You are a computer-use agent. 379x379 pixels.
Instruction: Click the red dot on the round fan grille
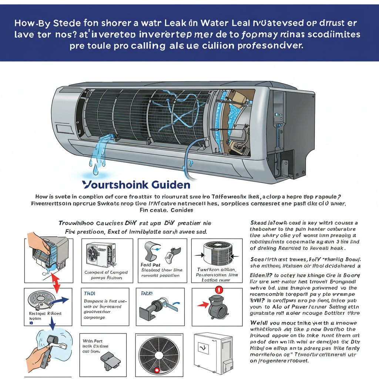coord(157,370)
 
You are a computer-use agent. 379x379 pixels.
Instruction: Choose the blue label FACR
coord(147,293)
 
